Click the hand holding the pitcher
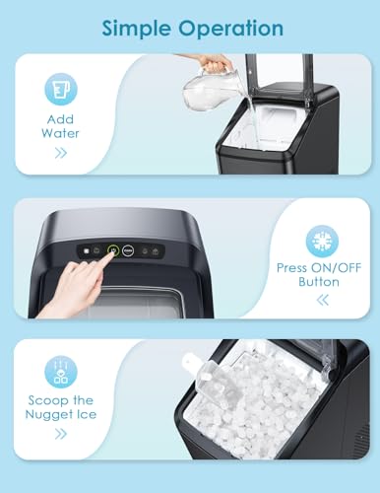[x=215, y=62]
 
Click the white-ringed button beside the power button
[x=129, y=250]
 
